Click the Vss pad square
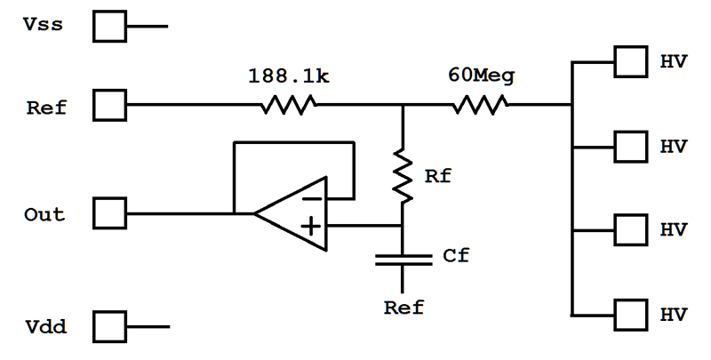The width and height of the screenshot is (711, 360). coord(109,27)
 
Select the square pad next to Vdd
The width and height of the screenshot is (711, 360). coord(109,326)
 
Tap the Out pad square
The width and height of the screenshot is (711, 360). coord(109,213)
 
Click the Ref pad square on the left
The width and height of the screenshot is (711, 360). coord(109,105)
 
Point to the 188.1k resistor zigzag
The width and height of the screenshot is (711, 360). coord(289,105)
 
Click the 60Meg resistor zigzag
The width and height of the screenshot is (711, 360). coord(480,105)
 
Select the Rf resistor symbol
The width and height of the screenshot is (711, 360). coord(403,175)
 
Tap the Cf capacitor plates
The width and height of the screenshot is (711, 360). coord(403,260)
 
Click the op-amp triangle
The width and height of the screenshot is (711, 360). coord(291,213)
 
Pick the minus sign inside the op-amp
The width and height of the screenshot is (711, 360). coord(313,198)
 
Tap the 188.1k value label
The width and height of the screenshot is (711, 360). coord(289,76)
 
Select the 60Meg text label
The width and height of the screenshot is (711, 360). coord(482,75)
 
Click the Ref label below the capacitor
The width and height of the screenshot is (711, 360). coord(404,308)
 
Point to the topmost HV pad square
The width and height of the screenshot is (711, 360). coord(631,61)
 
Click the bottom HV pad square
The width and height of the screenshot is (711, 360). coord(631,315)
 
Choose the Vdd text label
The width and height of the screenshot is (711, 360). coord(46,326)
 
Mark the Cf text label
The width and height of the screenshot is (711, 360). coord(456,256)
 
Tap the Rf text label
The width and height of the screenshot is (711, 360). coord(437,176)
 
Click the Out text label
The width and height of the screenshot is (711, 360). coord(44,214)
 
